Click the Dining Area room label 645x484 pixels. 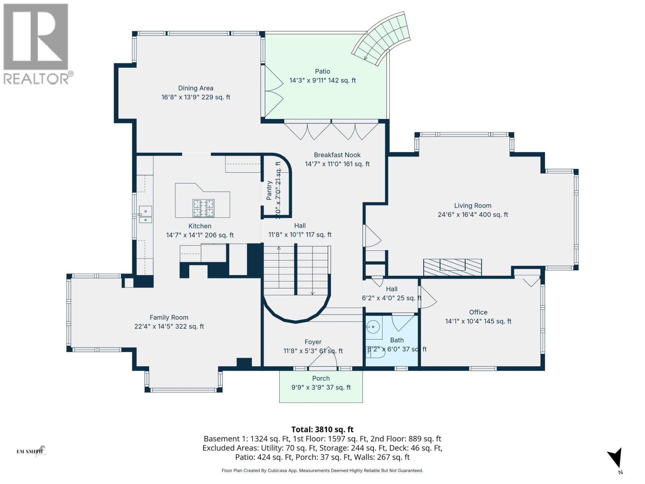coord(196,88)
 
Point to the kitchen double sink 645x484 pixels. coord(145,214)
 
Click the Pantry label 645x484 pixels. coord(269,190)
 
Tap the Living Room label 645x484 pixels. coord(472,206)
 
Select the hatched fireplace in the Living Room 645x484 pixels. coord(452,267)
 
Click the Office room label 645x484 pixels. coord(478,312)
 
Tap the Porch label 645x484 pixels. coord(321,378)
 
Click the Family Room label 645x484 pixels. coord(169,317)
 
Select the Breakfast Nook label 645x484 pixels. coord(337,155)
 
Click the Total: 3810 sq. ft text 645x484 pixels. coord(322,430)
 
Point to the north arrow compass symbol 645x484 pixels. coord(615,459)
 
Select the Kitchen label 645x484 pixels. coord(200,226)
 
